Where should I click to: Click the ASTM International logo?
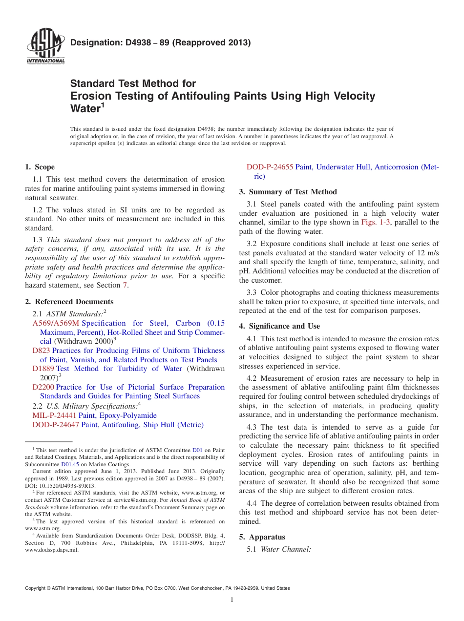[45, 47]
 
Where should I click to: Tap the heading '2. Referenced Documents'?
[69, 302]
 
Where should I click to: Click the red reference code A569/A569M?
[56, 323]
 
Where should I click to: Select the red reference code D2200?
[43, 387]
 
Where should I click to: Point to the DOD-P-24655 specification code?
[270, 167]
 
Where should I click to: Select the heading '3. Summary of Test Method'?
[288, 192]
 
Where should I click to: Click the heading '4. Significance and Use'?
[279, 326]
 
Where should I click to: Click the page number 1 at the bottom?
[232, 600]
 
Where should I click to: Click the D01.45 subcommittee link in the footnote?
[70, 464]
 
